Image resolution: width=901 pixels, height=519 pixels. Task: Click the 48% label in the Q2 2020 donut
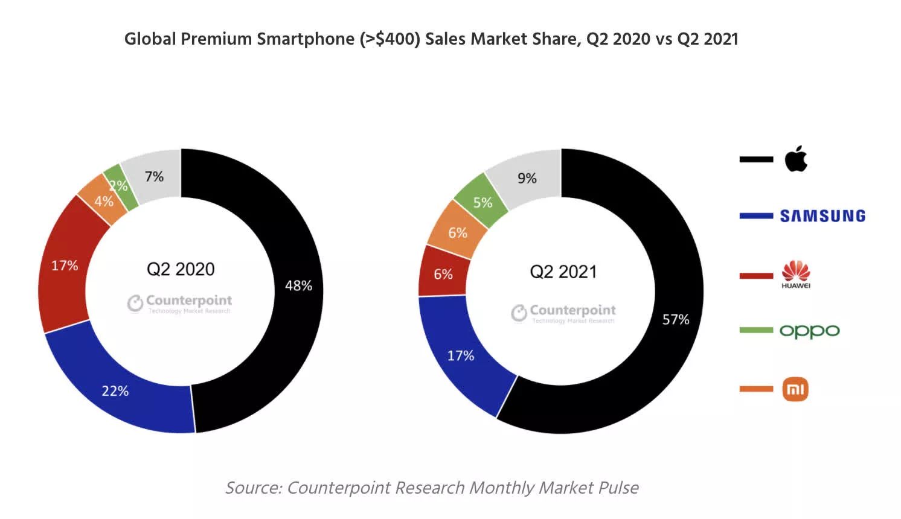298,285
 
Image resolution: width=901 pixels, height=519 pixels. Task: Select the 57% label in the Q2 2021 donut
676,319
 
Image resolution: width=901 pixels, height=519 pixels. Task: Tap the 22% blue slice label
115,391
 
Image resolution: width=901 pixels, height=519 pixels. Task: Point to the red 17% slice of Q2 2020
64,266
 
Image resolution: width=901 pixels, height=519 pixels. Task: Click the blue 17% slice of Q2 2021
461,355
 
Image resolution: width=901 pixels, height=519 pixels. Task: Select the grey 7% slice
154,176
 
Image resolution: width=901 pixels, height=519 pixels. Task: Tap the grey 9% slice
527,178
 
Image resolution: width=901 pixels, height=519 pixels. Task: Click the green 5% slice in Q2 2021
483,202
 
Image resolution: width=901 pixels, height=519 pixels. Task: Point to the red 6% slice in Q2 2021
443,274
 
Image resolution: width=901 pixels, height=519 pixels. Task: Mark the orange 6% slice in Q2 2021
458,232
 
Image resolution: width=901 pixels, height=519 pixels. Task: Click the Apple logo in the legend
796,159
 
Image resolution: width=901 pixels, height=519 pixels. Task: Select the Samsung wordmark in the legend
822,216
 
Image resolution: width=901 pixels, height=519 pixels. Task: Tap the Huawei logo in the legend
796,275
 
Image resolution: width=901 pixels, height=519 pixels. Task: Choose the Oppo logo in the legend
809,331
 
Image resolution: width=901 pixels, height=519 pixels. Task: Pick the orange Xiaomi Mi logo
795,389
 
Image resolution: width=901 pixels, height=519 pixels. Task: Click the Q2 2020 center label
181,269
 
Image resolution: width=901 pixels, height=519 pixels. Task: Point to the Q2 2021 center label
563,272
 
